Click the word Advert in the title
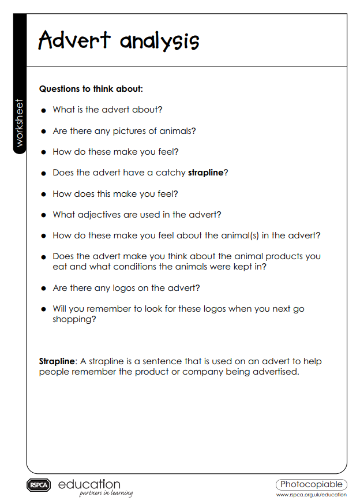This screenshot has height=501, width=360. tap(74, 40)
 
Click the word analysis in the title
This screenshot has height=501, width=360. tap(159, 41)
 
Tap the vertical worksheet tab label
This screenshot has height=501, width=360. tap(20, 123)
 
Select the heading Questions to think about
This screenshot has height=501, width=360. tap(91, 89)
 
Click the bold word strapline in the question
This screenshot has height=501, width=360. tap(205, 173)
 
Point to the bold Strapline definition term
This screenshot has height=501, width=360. tap(57, 361)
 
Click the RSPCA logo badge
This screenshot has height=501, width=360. tap(39, 485)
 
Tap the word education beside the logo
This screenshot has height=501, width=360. tap(89, 484)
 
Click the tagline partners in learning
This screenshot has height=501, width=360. tap(106, 493)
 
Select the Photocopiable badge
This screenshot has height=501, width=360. tap(312, 484)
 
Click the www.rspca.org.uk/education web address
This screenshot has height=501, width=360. tap(312, 495)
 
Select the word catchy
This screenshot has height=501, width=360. tap(170, 173)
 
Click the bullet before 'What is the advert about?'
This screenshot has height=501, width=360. tap(43, 110)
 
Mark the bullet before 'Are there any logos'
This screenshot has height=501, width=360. tap(43, 289)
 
